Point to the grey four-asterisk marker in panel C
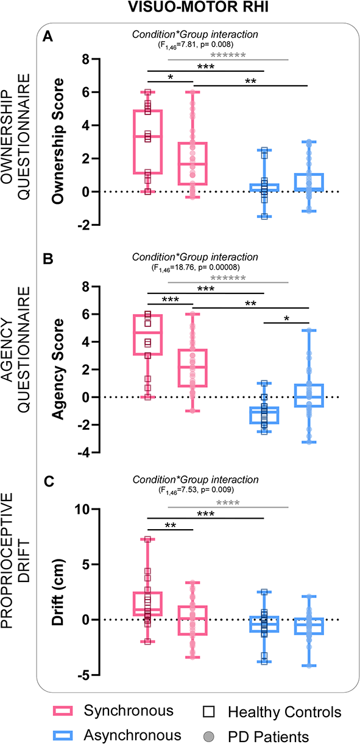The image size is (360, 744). click(x=227, y=503)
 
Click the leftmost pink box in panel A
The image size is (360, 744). click(x=148, y=142)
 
